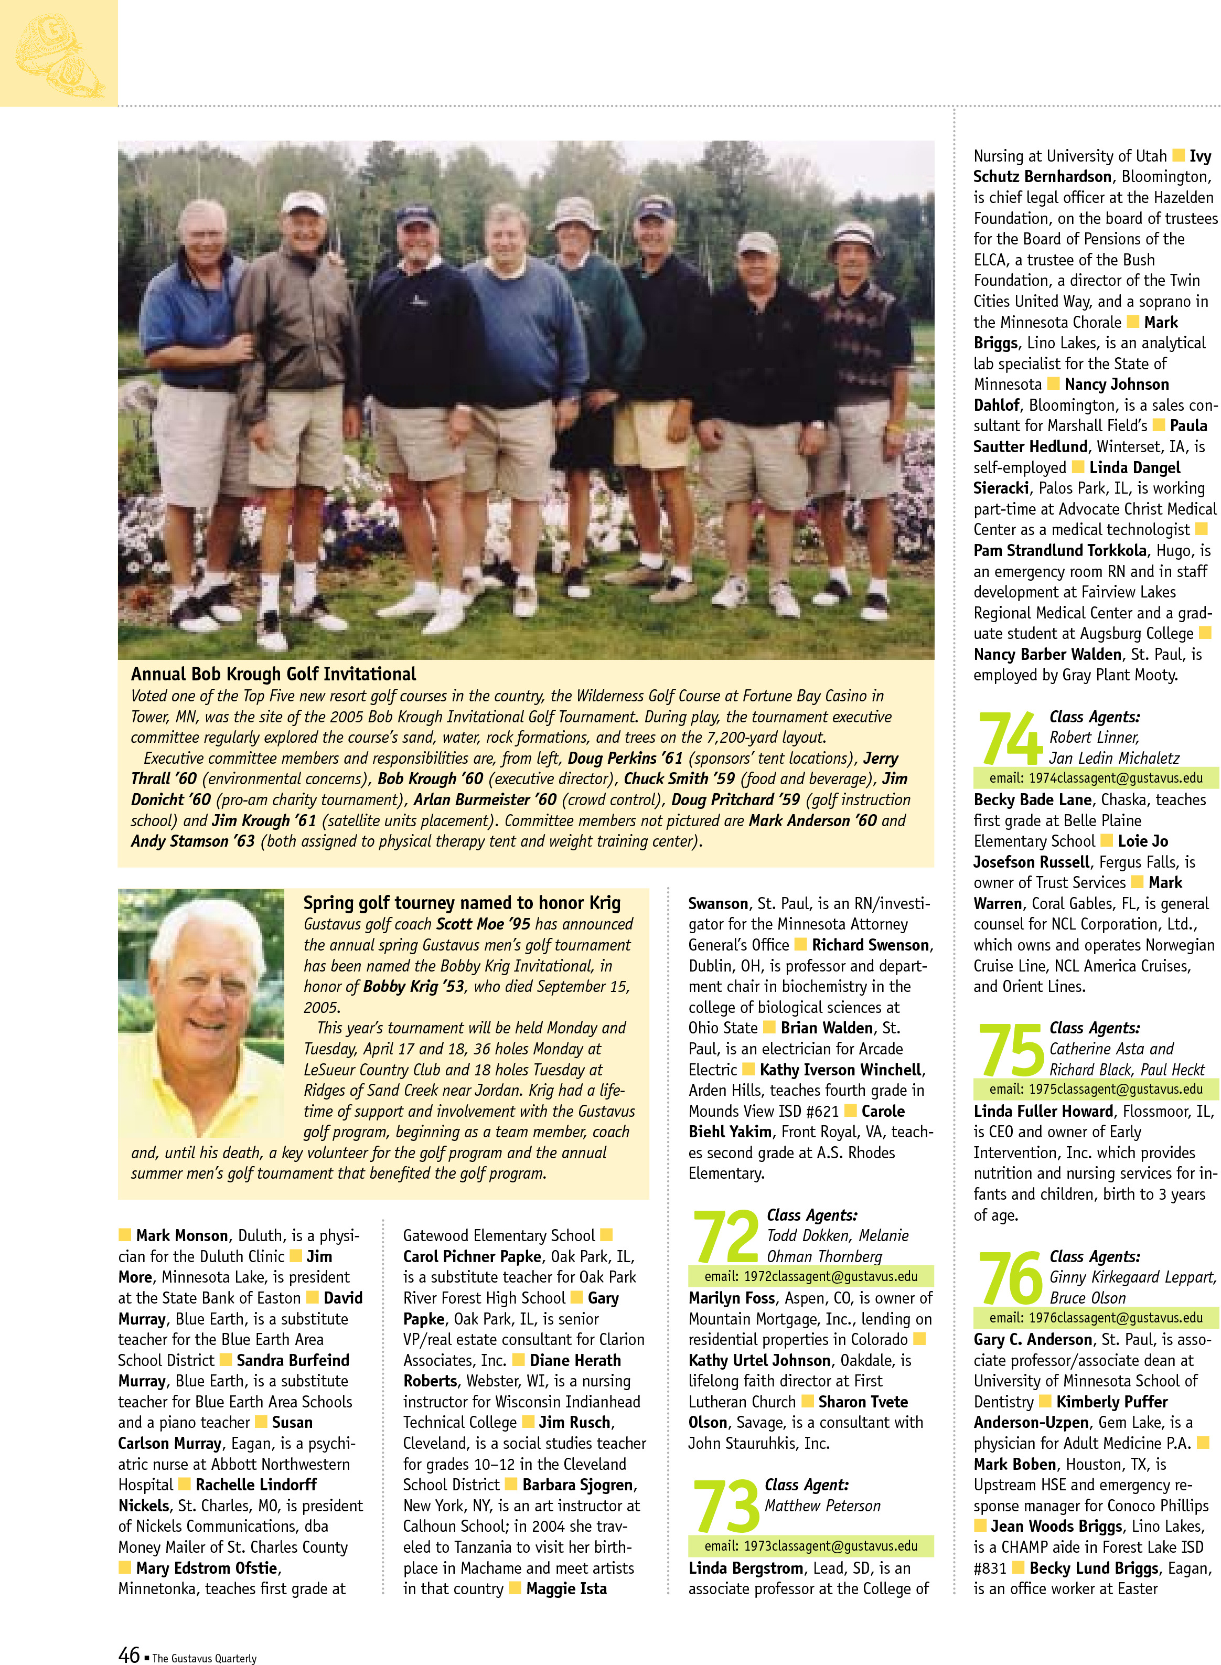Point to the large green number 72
[x=726, y=1236]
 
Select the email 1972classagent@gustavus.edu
[x=810, y=1276]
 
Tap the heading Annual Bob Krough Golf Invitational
[x=273, y=674]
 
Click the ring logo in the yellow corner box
[x=59, y=56]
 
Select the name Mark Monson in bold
[x=182, y=1235]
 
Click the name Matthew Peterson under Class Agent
[x=822, y=1506]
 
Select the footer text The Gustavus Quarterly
[x=204, y=1658]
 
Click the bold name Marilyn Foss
[x=732, y=1298]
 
